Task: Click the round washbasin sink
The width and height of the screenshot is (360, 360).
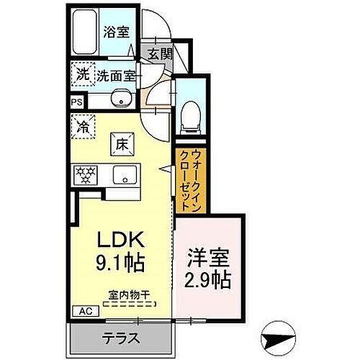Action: [x=120, y=99]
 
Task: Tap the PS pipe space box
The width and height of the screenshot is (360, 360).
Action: [x=76, y=102]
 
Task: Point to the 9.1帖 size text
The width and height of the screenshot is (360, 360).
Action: [x=117, y=262]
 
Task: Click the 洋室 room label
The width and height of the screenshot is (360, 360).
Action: [x=209, y=257]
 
